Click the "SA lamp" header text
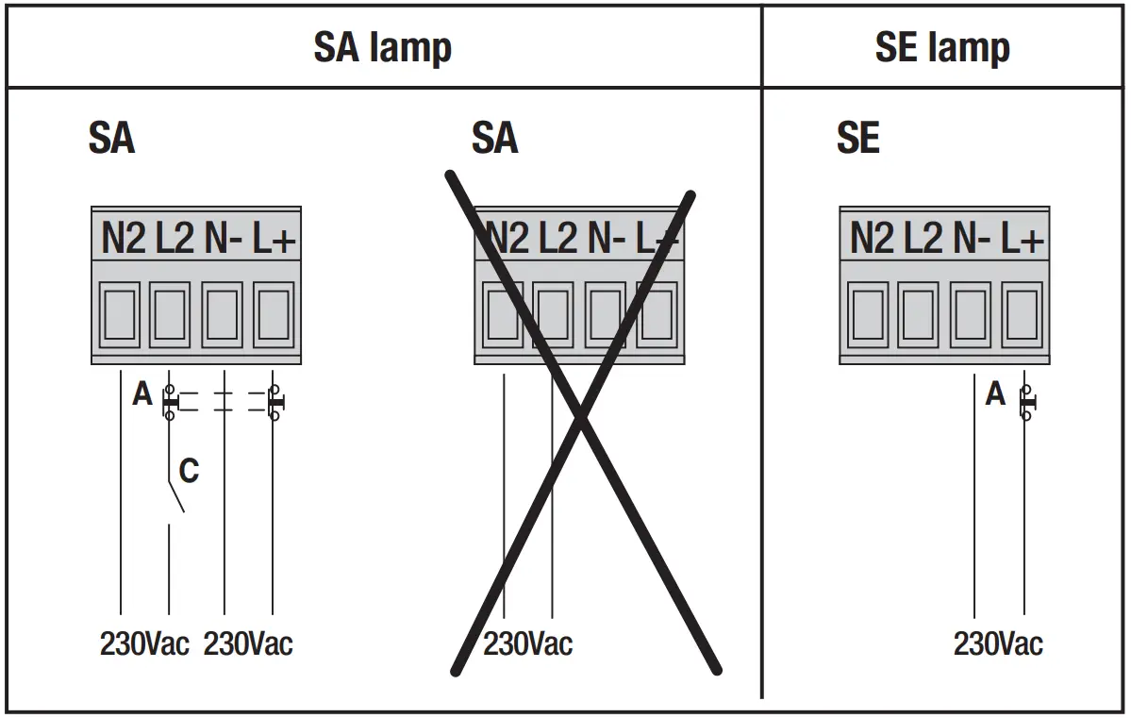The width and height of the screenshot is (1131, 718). (x=382, y=47)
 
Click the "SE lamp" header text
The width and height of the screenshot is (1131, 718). (x=942, y=47)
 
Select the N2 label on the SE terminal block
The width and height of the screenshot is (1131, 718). (x=872, y=240)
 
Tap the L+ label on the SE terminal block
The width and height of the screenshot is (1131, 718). (x=1023, y=240)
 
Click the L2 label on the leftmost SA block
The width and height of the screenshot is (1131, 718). (x=174, y=240)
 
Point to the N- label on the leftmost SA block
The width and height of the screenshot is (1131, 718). (x=224, y=240)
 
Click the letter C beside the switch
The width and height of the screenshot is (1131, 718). (x=189, y=470)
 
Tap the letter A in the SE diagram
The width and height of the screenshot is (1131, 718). (x=995, y=394)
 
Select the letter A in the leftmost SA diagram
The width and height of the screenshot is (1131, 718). (x=141, y=394)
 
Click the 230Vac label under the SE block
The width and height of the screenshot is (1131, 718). (x=998, y=644)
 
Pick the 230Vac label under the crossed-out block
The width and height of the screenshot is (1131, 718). (x=527, y=644)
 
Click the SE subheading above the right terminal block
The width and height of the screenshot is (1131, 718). (x=857, y=139)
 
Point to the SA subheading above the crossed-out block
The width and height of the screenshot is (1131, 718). (x=494, y=139)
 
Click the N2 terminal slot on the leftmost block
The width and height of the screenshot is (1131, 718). (x=120, y=315)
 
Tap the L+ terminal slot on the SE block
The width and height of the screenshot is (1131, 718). (x=1022, y=315)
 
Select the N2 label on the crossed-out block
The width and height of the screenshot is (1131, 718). (x=506, y=240)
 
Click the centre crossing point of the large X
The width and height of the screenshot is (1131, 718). (x=580, y=414)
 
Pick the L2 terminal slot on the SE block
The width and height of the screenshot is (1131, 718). (x=918, y=315)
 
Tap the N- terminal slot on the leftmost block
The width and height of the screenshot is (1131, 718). (x=223, y=315)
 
